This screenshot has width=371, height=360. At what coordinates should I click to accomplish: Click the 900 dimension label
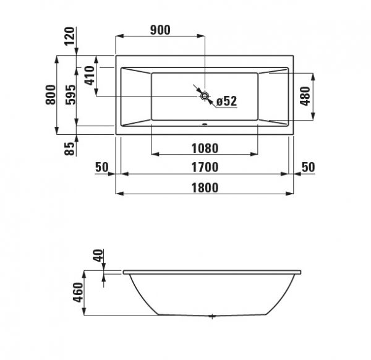[160, 30]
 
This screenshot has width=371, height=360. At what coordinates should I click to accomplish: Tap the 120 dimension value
[70, 36]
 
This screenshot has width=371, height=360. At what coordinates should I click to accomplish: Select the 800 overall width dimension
[51, 95]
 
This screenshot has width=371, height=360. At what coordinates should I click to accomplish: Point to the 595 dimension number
[70, 95]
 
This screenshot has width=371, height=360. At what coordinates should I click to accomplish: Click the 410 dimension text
[90, 75]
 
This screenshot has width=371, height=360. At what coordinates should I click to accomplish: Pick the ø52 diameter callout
[227, 101]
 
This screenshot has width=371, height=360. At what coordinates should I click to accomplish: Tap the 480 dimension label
[305, 96]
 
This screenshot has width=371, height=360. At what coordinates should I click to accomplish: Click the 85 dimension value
[69, 148]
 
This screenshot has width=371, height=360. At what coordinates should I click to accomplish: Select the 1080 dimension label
[205, 148]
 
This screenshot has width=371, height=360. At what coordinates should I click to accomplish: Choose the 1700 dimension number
[205, 167]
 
